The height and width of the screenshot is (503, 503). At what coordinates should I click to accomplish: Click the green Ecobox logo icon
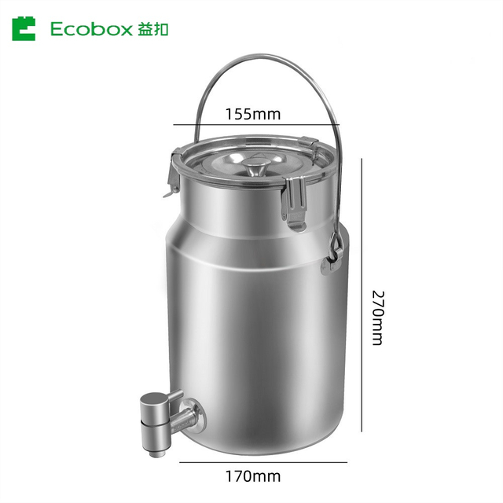coord(24,29)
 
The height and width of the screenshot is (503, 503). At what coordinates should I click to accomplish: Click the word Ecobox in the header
coord(94,29)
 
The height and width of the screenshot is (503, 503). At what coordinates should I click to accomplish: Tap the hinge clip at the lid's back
coord(311,145)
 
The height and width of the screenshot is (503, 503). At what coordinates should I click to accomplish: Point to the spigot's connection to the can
coord(194,412)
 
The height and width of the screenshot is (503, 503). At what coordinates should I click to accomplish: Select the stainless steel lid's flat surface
coord(228,169)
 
